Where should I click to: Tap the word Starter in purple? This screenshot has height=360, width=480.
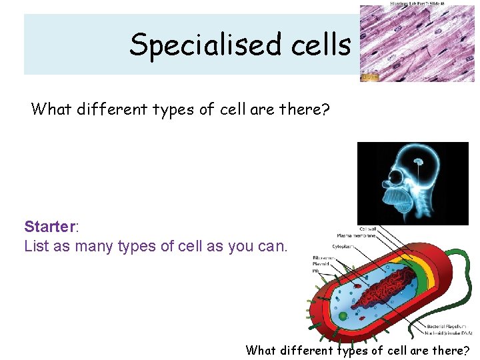pos(50,227)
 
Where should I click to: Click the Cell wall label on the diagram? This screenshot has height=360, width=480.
pos(367,228)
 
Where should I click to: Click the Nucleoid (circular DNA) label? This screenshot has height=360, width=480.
pos(449,333)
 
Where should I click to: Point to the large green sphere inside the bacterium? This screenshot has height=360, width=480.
pos(343,315)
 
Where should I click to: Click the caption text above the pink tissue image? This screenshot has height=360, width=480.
pos(417,3)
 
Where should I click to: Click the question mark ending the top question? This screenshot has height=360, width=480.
pos(325,109)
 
